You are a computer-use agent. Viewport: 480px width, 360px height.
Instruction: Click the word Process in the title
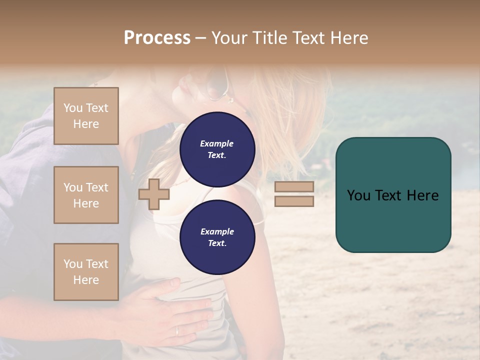click(157, 38)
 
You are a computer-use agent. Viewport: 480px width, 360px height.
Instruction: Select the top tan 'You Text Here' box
click(86, 116)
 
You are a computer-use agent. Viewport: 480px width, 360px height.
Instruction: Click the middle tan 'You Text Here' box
click(86, 195)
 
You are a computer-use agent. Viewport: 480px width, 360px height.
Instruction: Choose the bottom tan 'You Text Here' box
click(86, 271)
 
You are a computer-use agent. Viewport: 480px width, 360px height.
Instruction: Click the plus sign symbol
click(154, 194)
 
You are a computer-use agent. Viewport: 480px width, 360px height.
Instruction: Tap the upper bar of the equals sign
click(294, 186)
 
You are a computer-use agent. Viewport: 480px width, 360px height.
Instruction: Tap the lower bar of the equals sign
click(294, 201)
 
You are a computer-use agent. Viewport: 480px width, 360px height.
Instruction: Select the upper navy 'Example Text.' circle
click(217, 149)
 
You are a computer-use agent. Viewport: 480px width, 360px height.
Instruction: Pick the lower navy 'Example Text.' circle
click(217, 237)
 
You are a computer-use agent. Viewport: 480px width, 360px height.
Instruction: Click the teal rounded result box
click(393, 220)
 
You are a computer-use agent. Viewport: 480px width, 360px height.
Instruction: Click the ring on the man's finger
click(177, 331)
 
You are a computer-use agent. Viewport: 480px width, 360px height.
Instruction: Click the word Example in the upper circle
click(216, 143)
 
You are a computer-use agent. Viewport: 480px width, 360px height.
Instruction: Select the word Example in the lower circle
click(217, 231)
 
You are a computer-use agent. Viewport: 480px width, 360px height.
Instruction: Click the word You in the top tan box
click(73, 108)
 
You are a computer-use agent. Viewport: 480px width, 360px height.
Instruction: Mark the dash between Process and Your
click(200, 38)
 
